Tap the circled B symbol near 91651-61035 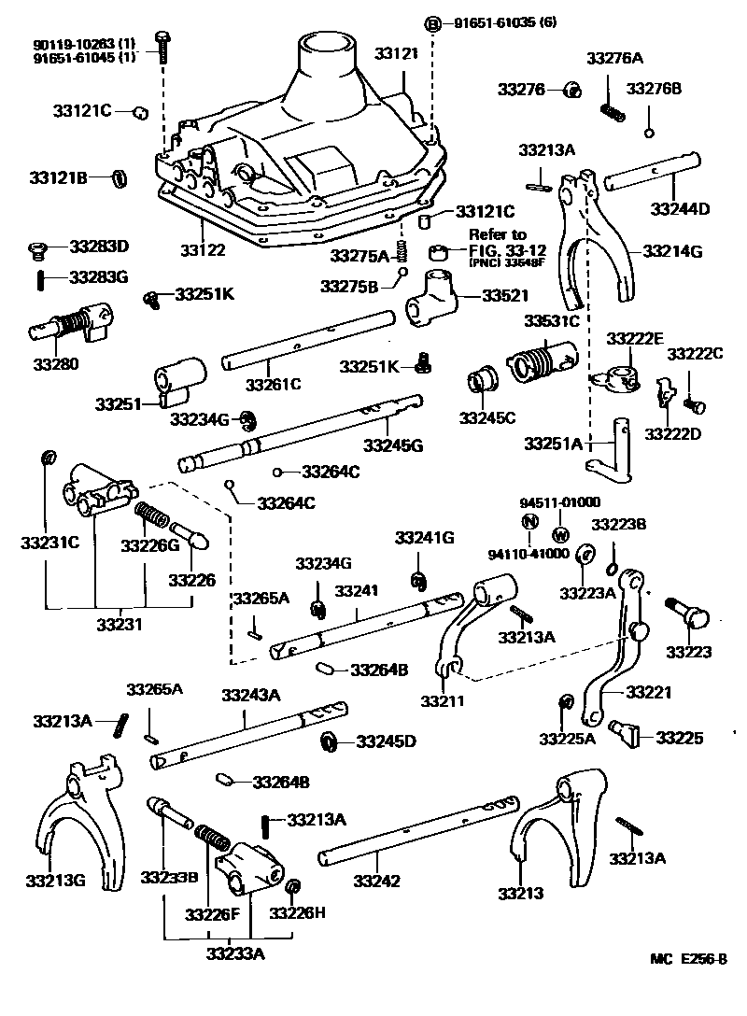coord(433,24)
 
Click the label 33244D coord(680,208)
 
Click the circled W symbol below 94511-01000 coord(560,535)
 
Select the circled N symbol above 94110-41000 coord(529,522)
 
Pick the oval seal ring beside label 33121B coord(120,177)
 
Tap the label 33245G coord(393,445)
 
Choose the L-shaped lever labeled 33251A coord(612,448)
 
